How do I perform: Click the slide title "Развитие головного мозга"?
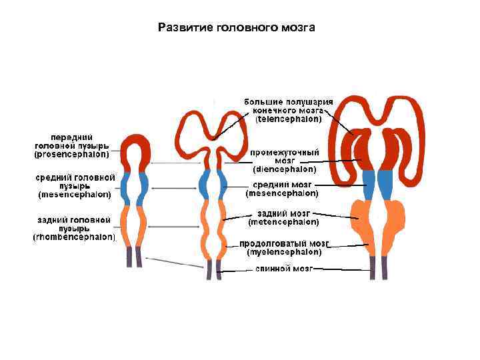(x=236, y=27)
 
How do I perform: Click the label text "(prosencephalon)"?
(x=72, y=153)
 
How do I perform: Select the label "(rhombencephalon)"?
(x=75, y=237)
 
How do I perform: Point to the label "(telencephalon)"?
(x=289, y=119)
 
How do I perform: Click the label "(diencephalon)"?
(x=285, y=169)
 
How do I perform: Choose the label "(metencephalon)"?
(x=283, y=221)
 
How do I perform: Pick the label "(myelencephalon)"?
(x=284, y=253)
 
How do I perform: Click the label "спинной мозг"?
(x=283, y=269)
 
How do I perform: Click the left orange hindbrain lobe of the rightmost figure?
(x=363, y=216)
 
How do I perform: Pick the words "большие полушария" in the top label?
(x=288, y=101)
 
